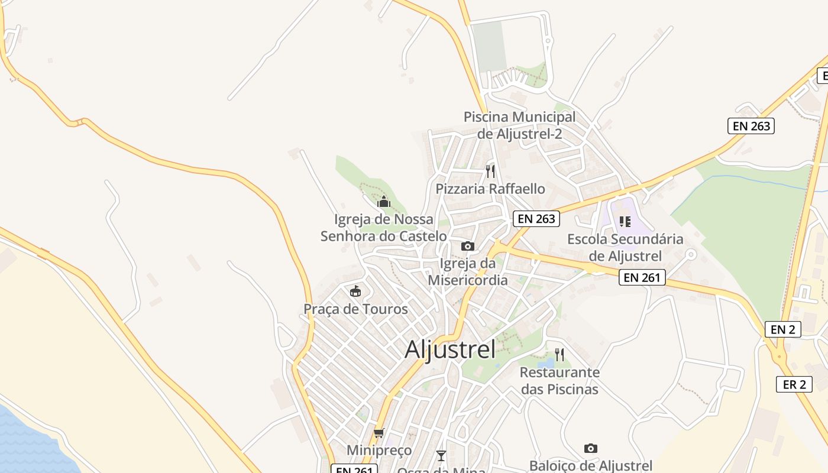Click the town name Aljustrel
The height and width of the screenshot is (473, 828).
(450, 349)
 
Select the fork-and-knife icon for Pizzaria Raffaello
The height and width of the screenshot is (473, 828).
(490, 171)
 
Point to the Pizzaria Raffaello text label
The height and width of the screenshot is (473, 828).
(490, 189)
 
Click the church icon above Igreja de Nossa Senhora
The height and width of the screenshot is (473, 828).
(384, 202)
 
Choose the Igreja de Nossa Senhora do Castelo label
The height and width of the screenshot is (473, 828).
(384, 228)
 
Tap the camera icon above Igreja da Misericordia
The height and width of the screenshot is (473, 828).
(468, 246)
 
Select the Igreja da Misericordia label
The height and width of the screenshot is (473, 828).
(468, 271)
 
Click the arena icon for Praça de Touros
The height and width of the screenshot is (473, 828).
(355, 291)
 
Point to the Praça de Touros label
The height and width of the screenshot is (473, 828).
(355, 309)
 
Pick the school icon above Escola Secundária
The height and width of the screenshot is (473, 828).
(625, 222)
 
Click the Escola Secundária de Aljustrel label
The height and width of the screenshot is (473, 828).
(625, 248)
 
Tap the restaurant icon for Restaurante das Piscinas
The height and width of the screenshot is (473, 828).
(559, 355)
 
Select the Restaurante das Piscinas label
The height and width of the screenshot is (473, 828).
(559, 381)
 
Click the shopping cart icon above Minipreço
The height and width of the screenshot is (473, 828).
(379, 433)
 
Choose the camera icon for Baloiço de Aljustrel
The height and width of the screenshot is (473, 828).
(590, 449)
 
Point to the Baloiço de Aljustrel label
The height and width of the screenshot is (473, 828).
(590, 466)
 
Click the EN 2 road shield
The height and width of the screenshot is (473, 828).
(783, 329)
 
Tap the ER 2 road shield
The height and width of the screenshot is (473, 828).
(794, 384)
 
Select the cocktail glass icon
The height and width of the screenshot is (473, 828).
(441, 455)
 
